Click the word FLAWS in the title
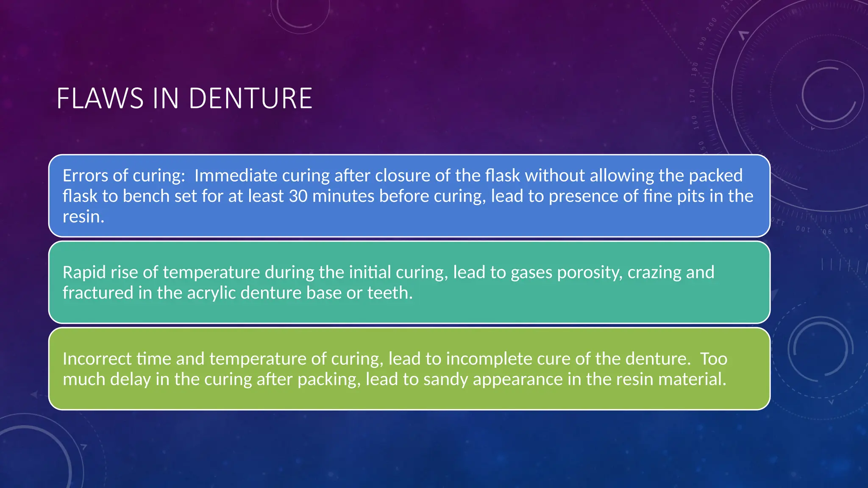coord(100,99)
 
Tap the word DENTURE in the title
coord(250,99)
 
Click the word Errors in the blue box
coord(85,176)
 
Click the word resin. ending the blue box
coord(83,216)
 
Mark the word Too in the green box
coord(713,359)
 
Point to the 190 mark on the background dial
coord(703,44)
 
